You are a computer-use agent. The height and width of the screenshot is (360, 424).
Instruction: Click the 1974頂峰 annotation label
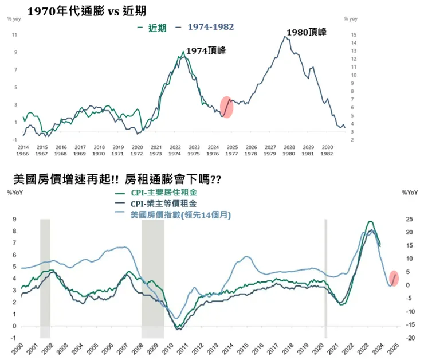[x=206, y=51]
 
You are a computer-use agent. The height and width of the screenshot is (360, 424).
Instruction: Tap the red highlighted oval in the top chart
[x=226, y=107]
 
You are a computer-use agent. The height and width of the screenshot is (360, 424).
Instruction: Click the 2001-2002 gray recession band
[x=45, y=278]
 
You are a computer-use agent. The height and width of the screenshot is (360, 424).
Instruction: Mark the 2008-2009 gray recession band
[x=152, y=278]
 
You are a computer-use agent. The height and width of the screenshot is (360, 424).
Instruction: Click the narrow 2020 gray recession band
[x=325, y=278]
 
